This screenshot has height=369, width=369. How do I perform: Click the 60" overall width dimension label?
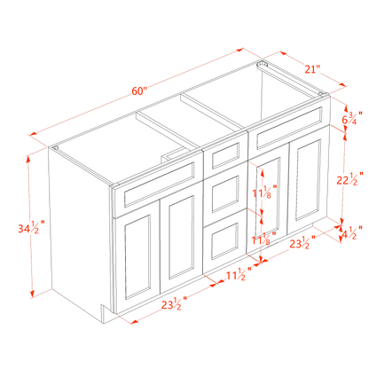pyautogui.click(x=138, y=86)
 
